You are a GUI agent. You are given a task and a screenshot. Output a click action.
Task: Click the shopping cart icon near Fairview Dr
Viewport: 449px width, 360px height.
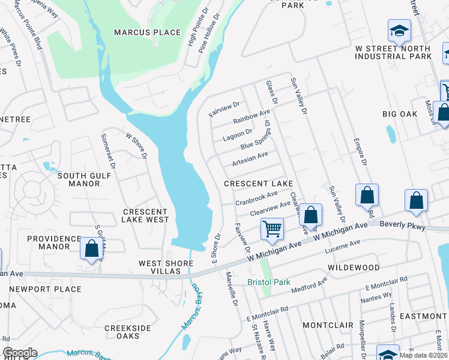pos(273,229)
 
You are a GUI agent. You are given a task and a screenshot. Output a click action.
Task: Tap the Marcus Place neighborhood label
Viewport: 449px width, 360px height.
pos(148,32)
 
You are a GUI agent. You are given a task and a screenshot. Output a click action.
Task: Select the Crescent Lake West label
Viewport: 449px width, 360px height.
pos(145,215)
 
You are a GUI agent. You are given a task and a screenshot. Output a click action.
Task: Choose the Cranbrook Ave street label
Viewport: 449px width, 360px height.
pos(256,197)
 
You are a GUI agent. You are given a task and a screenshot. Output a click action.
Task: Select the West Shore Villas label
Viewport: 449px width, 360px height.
pos(160,267)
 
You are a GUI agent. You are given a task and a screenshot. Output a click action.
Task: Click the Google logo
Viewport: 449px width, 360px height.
pos(19,353)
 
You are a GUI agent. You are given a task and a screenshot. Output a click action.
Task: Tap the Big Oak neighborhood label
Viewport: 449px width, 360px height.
pos(400,113)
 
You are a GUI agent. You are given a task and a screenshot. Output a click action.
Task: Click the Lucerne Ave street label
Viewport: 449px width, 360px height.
pos(342,246)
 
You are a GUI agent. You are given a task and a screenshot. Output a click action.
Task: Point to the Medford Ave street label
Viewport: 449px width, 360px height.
pos(310,285)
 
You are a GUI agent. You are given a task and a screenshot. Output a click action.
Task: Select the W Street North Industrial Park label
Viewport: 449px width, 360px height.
pos(393,52)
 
